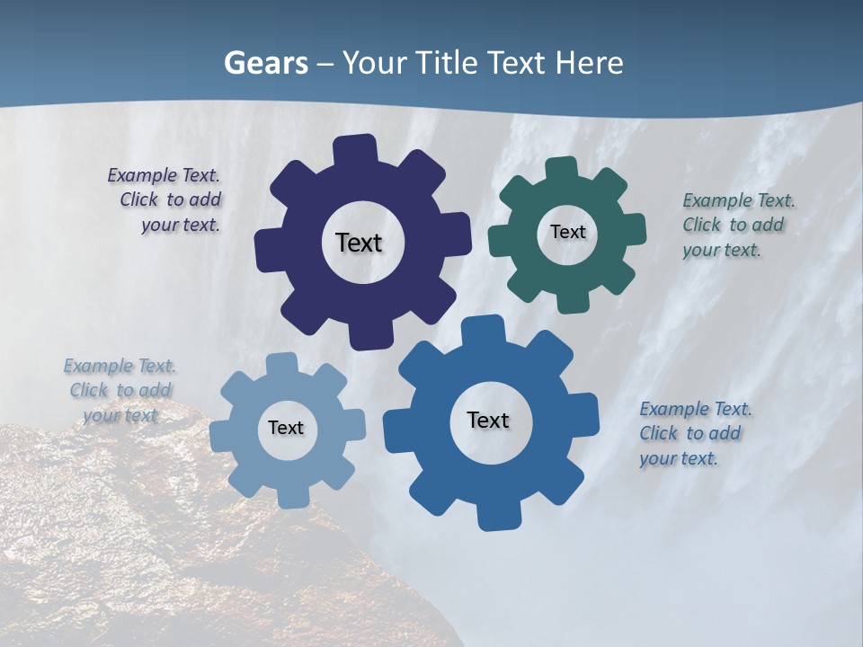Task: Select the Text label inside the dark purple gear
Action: [x=359, y=243]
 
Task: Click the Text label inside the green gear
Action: [x=567, y=232]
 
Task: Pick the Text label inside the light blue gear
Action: [x=286, y=428]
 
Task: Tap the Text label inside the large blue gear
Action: [x=488, y=420]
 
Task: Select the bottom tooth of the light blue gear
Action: [x=291, y=494]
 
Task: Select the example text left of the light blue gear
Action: [x=120, y=390]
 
